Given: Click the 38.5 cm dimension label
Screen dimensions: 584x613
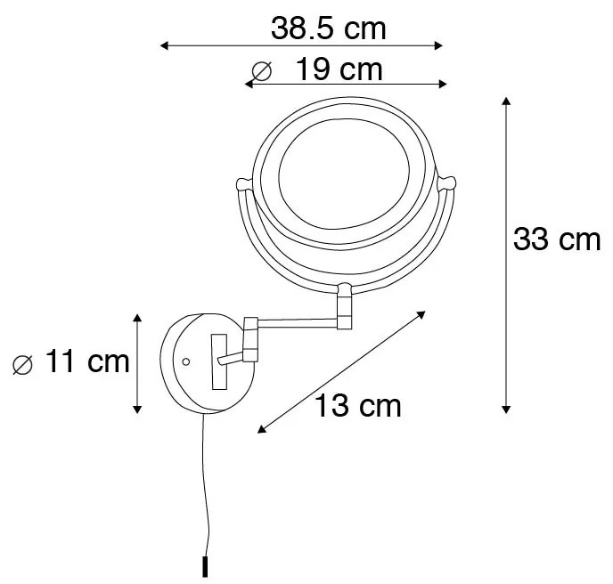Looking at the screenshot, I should tap(329, 28).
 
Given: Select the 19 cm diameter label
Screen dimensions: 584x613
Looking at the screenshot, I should tap(339, 69).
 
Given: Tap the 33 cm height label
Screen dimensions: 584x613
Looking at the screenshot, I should tap(557, 239).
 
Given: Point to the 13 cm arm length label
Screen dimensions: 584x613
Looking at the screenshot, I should tap(357, 406).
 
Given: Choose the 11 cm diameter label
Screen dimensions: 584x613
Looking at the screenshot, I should tap(86, 361).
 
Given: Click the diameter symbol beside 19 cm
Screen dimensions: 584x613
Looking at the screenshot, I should tap(261, 69).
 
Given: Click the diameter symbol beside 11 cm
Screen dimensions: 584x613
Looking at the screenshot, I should tap(24, 362).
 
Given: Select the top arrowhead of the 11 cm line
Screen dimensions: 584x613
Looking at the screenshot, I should tap(137, 318).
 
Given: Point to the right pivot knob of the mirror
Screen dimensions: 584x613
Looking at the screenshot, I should tap(450, 184).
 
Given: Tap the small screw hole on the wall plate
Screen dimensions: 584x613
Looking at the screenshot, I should tap(185, 361).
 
